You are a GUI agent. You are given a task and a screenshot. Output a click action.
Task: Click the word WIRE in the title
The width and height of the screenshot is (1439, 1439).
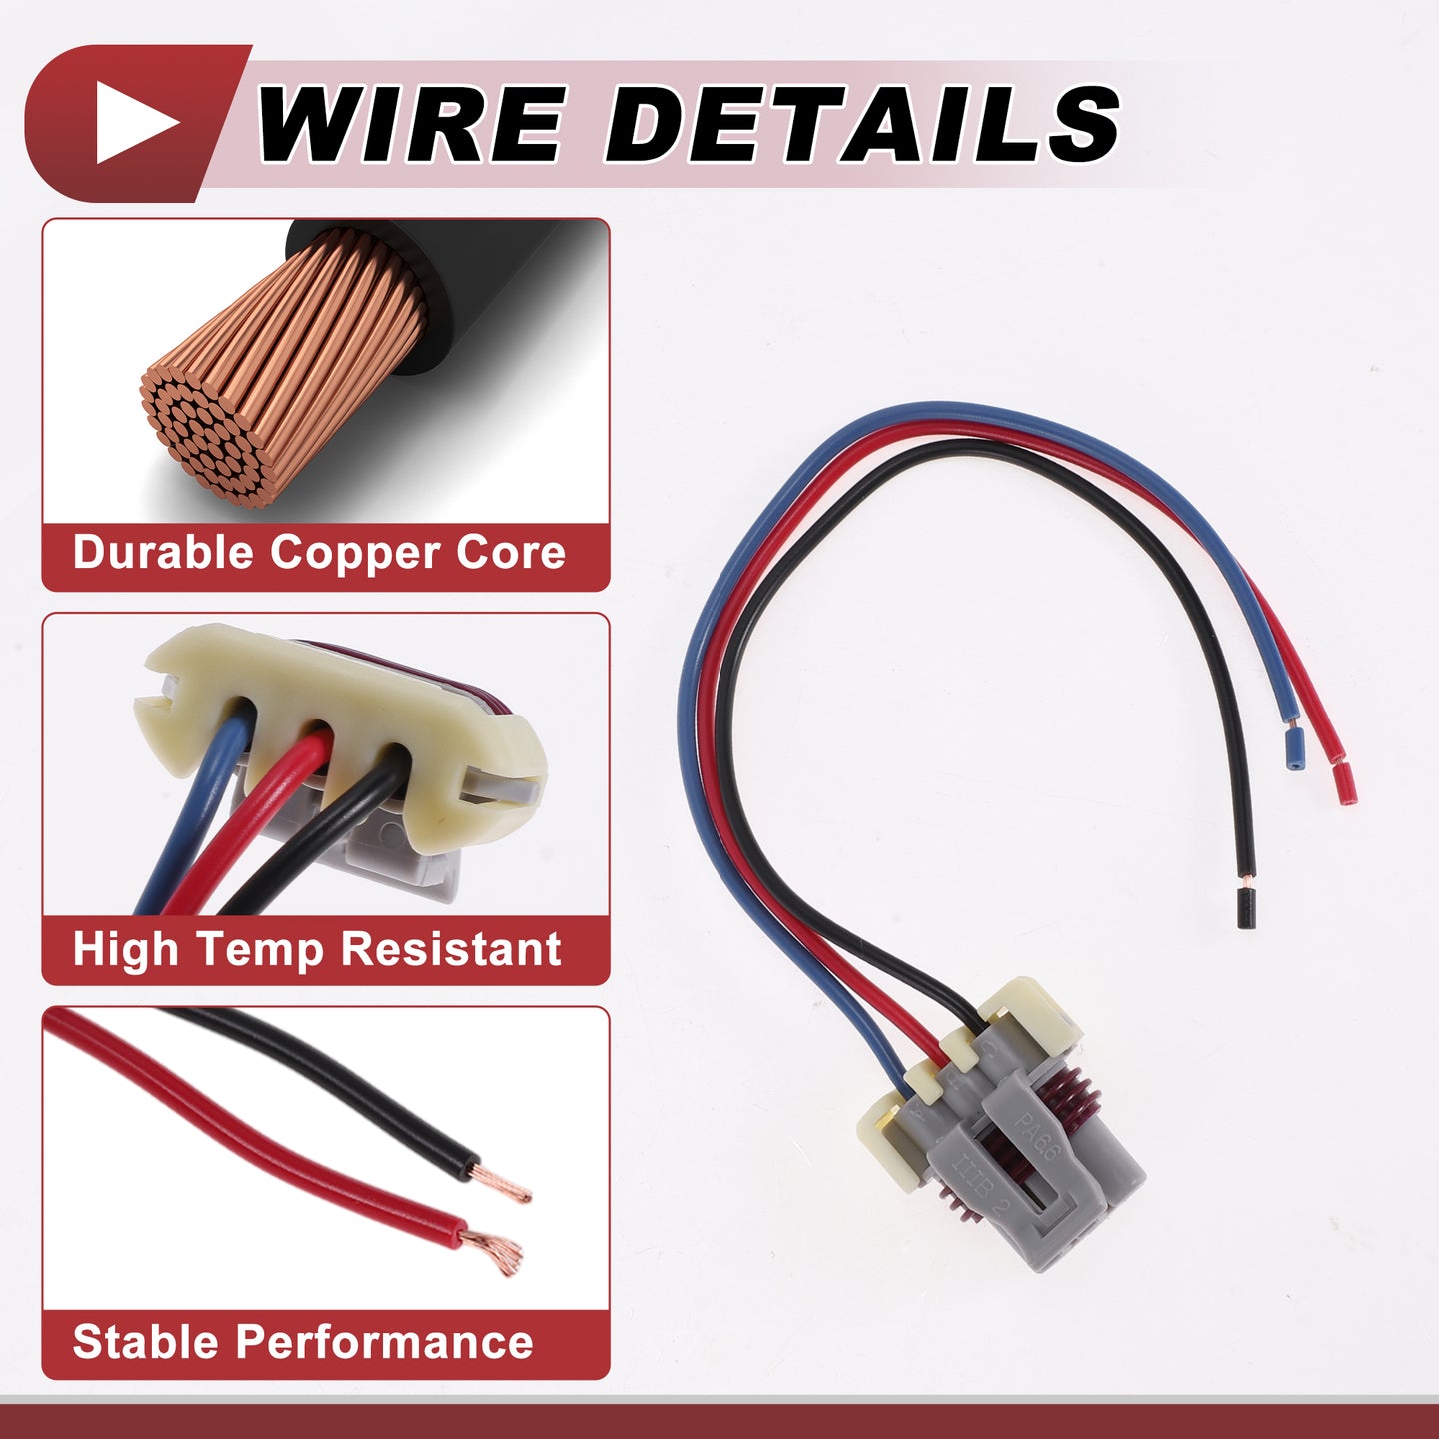pyautogui.click(x=410, y=123)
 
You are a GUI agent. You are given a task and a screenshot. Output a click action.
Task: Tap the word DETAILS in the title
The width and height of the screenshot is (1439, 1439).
pyautogui.click(x=861, y=123)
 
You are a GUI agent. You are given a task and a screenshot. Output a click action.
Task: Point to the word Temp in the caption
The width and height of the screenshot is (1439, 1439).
pyautogui.click(x=259, y=950)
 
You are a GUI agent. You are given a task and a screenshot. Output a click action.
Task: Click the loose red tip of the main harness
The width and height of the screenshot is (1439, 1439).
pyautogui.click(x=1345, y=784)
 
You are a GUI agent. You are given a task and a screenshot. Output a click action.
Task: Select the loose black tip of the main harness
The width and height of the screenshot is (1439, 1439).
pyautogui.click(x=1245, y=908)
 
